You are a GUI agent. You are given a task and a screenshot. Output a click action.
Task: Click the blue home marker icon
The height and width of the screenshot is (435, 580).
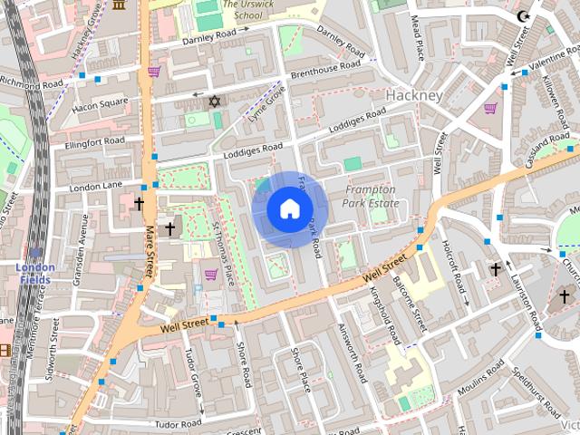click(289, 208)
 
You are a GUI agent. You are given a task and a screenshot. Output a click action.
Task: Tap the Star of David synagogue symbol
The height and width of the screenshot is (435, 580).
click(215, 101)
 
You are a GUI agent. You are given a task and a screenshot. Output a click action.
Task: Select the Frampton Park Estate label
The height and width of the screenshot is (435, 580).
click(372, 197)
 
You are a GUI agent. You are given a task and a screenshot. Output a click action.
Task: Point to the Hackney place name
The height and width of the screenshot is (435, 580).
click(413, 95)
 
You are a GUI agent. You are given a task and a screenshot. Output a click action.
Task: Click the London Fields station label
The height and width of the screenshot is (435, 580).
click(34, 273)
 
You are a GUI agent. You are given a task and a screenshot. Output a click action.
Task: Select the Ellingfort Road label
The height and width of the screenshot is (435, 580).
click(94, 142)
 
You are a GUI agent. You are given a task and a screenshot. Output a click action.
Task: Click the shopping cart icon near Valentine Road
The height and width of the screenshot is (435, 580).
click(490, 108)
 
